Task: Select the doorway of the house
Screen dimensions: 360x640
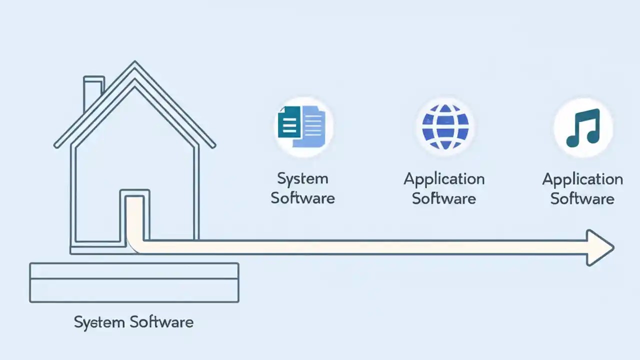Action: pos(134,217)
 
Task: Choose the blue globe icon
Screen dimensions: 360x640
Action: pos(445,126)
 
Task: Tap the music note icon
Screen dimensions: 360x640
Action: pos(583,127)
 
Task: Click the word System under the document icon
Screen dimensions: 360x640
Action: pos(302,178)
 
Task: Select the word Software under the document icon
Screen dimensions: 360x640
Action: pos(302,198)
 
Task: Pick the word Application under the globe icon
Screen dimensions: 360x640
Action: pos(444,179)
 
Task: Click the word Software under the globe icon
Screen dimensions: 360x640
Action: pos(444,198)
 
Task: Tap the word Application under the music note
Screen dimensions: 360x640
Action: pos(582,179)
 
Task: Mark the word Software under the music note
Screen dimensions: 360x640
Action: pos(582,198)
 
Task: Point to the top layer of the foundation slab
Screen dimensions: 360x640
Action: pos(134,271)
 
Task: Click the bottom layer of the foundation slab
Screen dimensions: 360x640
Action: pos(134,290)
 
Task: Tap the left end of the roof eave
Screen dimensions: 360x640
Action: pos(56,145)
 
